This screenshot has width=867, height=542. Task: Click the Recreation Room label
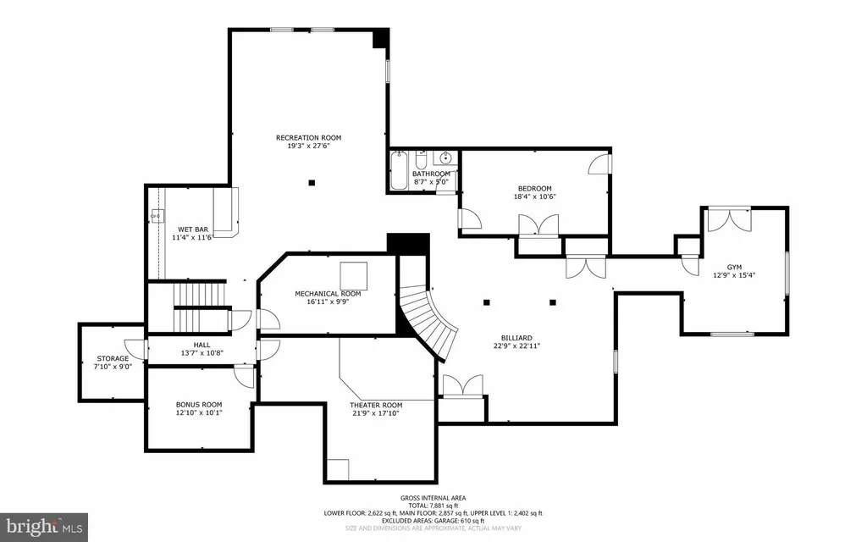308,138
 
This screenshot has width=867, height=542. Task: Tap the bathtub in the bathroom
398,170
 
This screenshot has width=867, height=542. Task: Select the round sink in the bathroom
445,158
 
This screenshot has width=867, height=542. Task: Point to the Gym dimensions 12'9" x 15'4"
734,275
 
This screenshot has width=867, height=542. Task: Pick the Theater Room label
376,406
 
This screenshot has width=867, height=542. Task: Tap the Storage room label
113,358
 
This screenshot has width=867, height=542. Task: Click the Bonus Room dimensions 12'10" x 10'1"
199,412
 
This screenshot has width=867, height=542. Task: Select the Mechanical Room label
328,294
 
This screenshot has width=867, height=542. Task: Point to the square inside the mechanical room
353,275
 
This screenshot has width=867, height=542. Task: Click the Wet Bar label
193,230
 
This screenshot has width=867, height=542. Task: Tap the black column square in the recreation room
312,183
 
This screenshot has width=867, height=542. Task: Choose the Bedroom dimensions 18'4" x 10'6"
535,196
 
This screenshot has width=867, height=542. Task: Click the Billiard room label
517,338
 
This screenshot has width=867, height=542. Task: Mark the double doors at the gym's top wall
729,219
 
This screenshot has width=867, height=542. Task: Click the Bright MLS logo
44,527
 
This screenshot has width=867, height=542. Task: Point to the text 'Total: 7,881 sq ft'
433,506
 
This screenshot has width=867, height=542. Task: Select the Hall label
202,346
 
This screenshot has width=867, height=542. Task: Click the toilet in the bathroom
421,160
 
